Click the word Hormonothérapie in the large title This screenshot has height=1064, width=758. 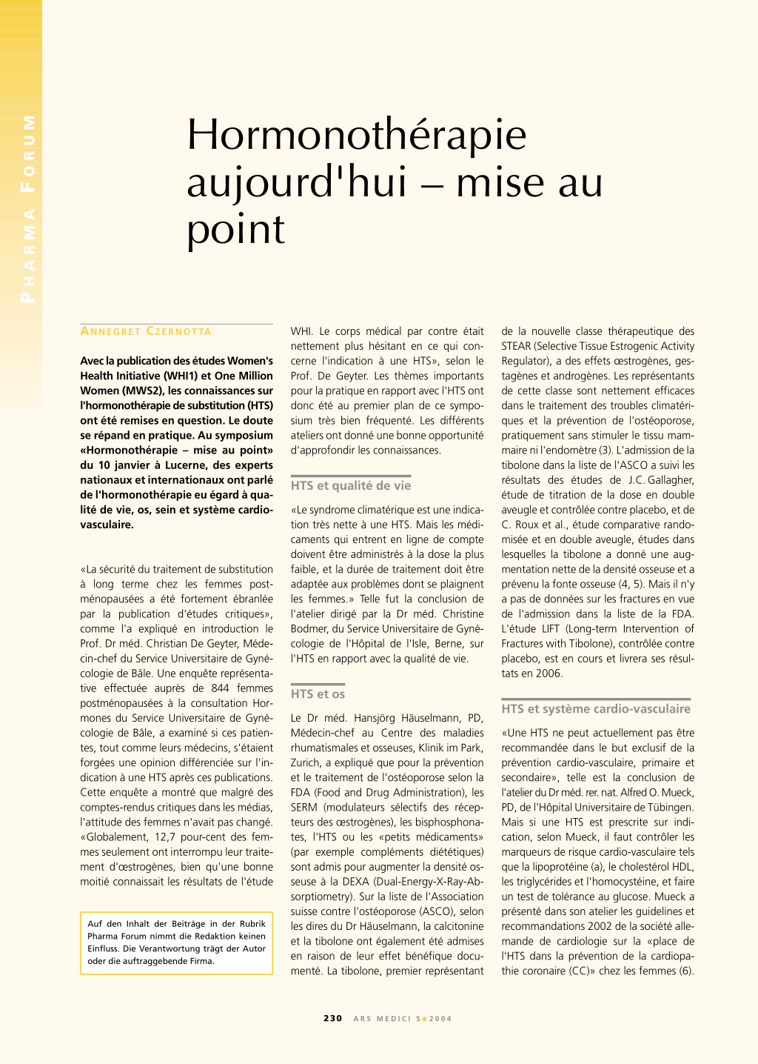pyautogui.click(x=357, y=135)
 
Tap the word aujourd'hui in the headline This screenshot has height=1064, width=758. pyautogui.click(x=297, y=182)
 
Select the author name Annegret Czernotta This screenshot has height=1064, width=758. pyautogui.click(x=146, y=331)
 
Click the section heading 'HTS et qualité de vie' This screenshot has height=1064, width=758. pyautogui.click(x=350, y=485)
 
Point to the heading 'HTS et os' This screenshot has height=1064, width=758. pyautogui.click(x=318, y=694)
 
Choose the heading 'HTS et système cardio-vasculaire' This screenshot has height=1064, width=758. pyautogui.click(x=595, y=708)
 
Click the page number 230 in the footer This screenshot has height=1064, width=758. pyautogui.click(x=332, y=1018)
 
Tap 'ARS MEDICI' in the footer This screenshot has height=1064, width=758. pyautogui.click(x=382, y=1019)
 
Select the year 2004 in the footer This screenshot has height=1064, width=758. pyautogui.click(x=440, y=1019)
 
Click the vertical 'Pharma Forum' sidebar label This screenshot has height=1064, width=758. pyautogui.click(x=27, y=208)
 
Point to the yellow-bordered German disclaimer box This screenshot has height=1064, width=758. pyautogui.click(x=176, y=942)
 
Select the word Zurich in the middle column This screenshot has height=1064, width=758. pyautogui.click(x=305, y=762)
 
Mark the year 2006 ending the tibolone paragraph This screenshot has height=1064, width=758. pyautogui.click(x=549, y=674)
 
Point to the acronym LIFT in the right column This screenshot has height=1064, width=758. pyautogui.click(x=550, y=629)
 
